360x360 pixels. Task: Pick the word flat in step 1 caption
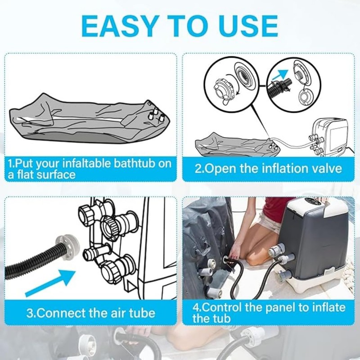point(30,174)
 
